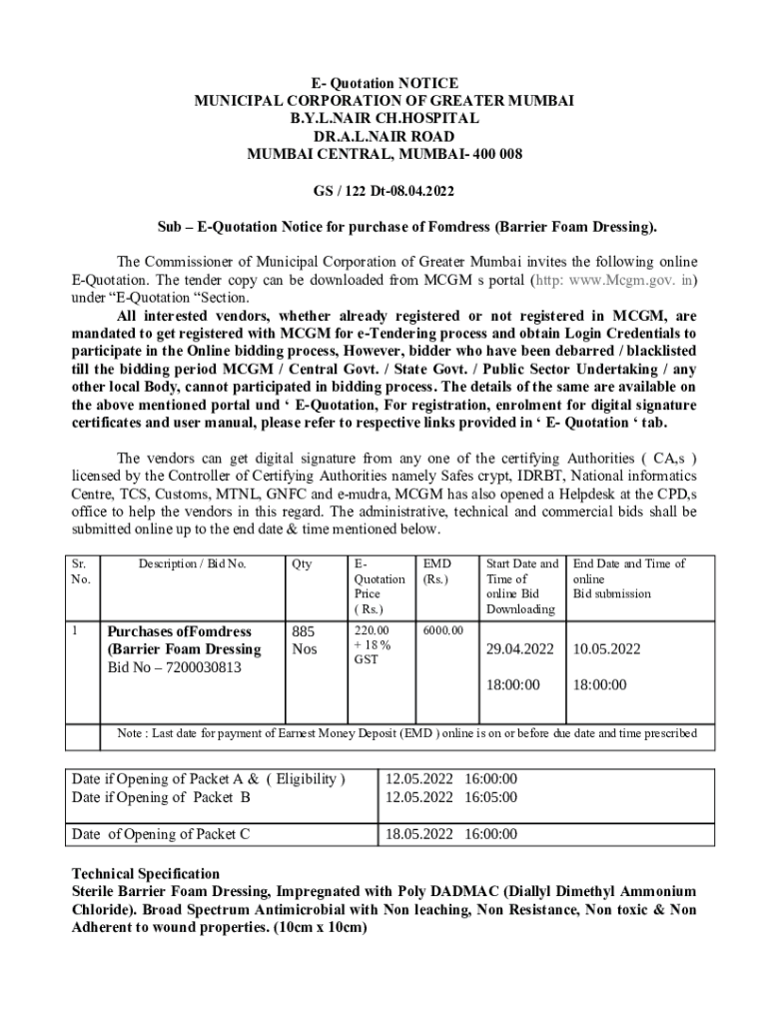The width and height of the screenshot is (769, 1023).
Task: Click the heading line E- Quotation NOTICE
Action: point(384,83)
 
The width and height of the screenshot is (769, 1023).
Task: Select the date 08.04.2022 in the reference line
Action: point(417,191)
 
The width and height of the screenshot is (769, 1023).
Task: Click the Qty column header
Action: point(301,564)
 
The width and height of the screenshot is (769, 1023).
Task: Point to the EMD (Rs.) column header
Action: point(436,571)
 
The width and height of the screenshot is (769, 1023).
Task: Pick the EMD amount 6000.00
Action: point(443,631)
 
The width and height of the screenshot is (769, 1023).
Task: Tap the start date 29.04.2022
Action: point(519,649)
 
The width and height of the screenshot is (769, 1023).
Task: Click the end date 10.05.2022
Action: point(606,649)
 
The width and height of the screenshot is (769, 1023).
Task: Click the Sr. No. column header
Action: point(80,571)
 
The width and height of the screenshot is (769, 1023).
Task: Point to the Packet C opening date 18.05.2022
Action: point(419,834)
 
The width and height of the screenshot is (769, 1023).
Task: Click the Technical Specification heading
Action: point(146,873)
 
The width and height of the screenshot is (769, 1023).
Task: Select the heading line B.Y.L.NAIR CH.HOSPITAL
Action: point(384,119)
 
